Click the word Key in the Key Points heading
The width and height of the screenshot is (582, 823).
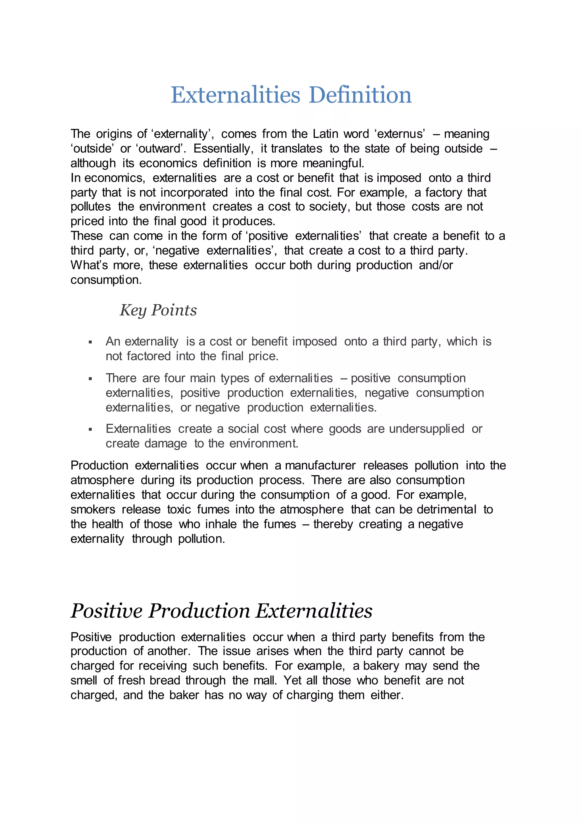coord(133,310)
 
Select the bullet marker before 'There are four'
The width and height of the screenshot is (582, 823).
coord(90,379)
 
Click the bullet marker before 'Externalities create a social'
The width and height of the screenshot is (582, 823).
coord(90,429)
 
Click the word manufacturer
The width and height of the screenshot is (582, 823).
coord(320,465)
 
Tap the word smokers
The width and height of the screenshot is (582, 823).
coord(93,509)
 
